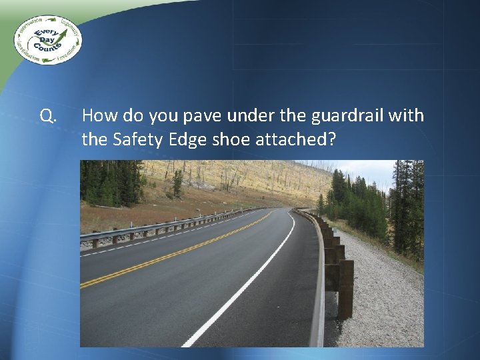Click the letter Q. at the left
click(x=47, y=117)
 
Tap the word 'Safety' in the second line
click(x=136, y=139)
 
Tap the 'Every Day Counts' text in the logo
click(x=47, y=40)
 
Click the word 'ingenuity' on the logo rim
click(x=70, y=27)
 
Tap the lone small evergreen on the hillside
click(x=177, y=183)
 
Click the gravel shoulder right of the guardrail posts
click(x=387, y=300)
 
